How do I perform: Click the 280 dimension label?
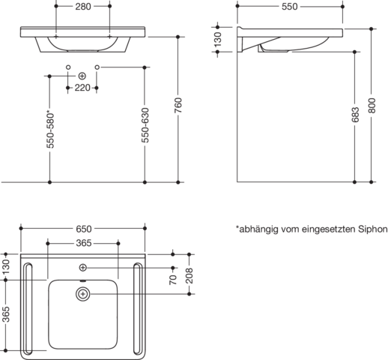pyautogui.click(x=83, y=7)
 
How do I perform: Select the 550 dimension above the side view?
pyautogui.click(x=290, y=7)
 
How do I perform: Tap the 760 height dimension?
pyautogui.click(x=178, y=105)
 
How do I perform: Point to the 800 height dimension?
pyautogui.click(x=372, y=106)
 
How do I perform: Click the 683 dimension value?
pyautogui.click(x=355, y=115)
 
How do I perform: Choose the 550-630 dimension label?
pyautogui.click(x=145, y=125)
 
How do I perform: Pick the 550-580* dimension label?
pyautogui.click(x=50, y=130)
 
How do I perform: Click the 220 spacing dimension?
pyautogui.click(x=82, y=88)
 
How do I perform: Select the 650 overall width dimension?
pyautogui.click(x=84, y=229)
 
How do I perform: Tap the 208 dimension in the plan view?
pyautogui.click(x=190, y=275)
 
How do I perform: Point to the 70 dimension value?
pyautogui.click(x=173, y=280)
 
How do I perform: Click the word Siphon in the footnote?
pyautogui.click(x=373, y=229)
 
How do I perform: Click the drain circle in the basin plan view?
pyautogui.click(x=83, y=294)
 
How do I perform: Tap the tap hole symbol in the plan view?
pyautogui.click(x=83, y=268)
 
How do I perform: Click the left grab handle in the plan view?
pyautogui.click(x=28, y=309)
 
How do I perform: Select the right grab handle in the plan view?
pyautogui.click(x=138, y=309)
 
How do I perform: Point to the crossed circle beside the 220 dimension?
pyautogui.click(x=82, y=76)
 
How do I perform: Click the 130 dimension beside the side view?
pyautogui.click(x=218, y=39)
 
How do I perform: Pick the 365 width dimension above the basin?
pyautogui.click(x=84, y=243)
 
